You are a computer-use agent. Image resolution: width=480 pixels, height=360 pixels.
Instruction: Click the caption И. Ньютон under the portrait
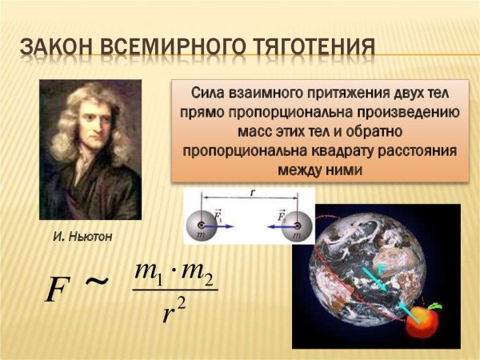(83, 238)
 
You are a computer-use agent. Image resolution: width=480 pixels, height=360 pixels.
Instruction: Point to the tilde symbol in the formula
(97, 282)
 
